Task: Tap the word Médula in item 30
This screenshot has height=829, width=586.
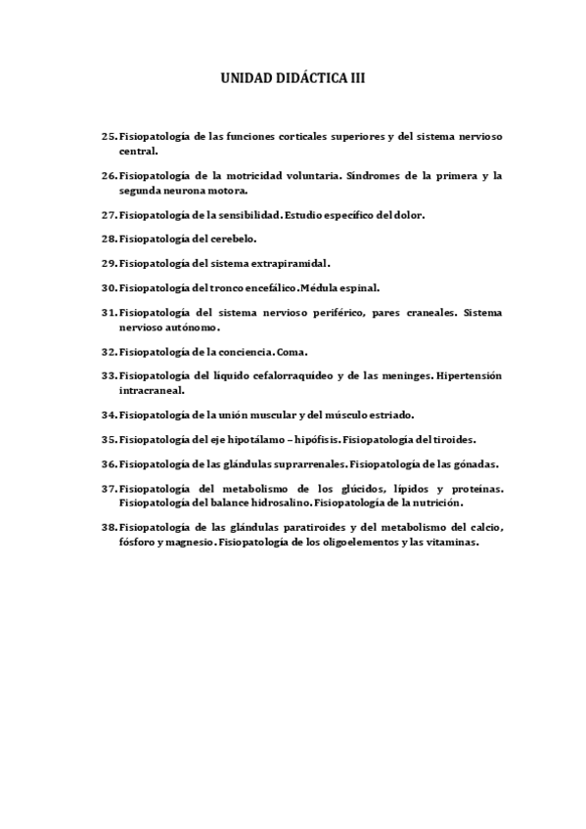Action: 323,288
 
